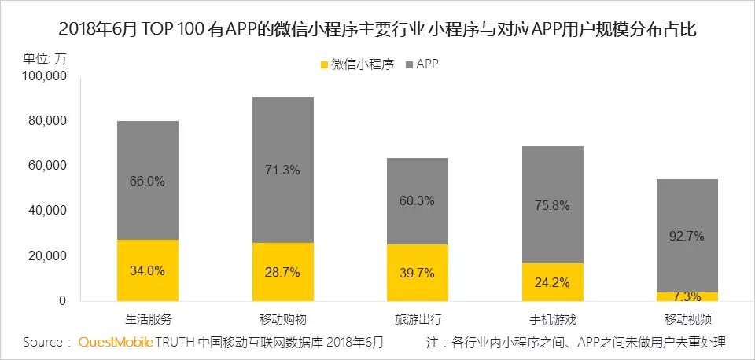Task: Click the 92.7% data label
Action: pyautogui.click(x=687, y=236)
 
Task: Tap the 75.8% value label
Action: pyautogui.click(x=551, y=205)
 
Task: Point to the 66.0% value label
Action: pyautogui.click(x=147, y=181)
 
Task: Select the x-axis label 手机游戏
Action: pyautogui.click(x=551, y=319)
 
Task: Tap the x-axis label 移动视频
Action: pyautogui.click(x=687, y=319)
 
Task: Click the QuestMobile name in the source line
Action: pyautogui.click(x=115, y=343)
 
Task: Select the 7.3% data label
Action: pyautogui.click(x=687, y=296)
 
